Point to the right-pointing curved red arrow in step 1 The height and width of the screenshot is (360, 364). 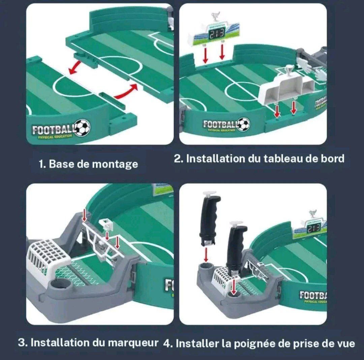pyautogui.click(x=127, y=92)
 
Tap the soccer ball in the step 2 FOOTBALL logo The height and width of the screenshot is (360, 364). pyautogui.click(x=243, y=124)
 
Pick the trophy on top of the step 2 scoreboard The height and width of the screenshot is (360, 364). pyautogui.click(x=215, y=17)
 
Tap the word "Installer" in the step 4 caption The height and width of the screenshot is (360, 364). pyautogui.click(x=197, y=344)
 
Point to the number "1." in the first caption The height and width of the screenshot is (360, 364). pyautogui.click(x=42, y=164)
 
